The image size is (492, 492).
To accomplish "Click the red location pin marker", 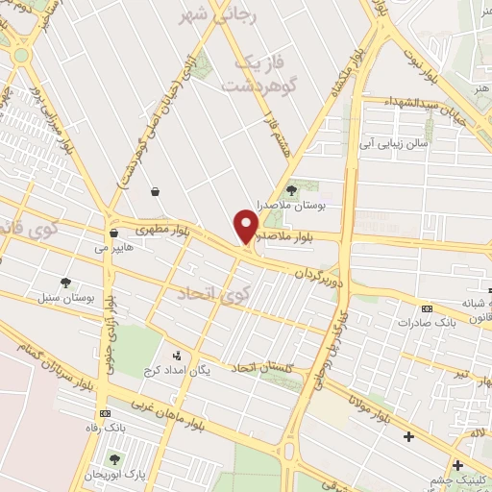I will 247,227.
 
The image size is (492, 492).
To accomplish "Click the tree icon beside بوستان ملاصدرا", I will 291,189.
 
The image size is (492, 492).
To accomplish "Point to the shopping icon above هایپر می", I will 113,232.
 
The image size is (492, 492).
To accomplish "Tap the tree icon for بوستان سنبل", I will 65,283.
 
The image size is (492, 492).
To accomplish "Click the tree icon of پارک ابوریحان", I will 116,459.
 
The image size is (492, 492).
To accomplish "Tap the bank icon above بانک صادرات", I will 427,307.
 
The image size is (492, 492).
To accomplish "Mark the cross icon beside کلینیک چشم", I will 457,465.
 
